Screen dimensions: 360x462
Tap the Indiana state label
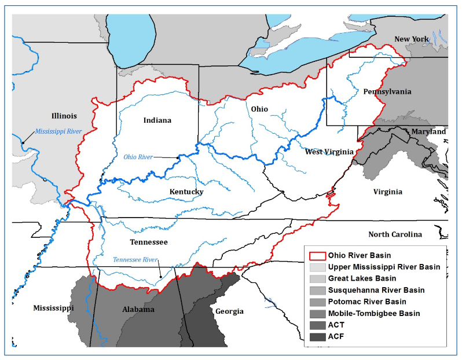[157, 120]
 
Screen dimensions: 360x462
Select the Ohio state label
[259, 109]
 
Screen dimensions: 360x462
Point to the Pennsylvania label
[387, 91]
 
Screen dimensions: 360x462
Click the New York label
[411, 39]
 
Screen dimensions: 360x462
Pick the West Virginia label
[329, 152]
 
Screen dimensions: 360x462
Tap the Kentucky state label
[186, 192]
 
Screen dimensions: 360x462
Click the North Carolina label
[395, 234]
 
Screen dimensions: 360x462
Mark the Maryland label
[428, 132]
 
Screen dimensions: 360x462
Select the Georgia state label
[230, 311]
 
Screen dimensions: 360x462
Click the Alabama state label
[138, 310]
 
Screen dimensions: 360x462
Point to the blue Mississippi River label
[58, 131]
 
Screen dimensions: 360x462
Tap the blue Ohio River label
[138, 157]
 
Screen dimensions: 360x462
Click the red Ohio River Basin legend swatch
[317, 255]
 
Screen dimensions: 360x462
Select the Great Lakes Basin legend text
[358, 278]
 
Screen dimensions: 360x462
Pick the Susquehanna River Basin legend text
[376, 290]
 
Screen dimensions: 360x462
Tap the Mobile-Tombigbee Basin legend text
[373, 313]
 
